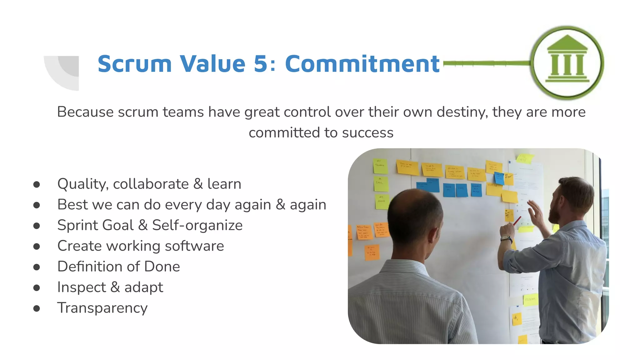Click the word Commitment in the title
coord(362,64)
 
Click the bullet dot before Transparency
coord(37,308)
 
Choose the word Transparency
coord(102,308)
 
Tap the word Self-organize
coord(197,225)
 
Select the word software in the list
coord(194,246)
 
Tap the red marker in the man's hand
coord(517,221)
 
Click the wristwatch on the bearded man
coord(507,239)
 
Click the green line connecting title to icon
coord(486,63)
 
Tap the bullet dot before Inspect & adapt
coord(37,288)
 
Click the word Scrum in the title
coord(135,64)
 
